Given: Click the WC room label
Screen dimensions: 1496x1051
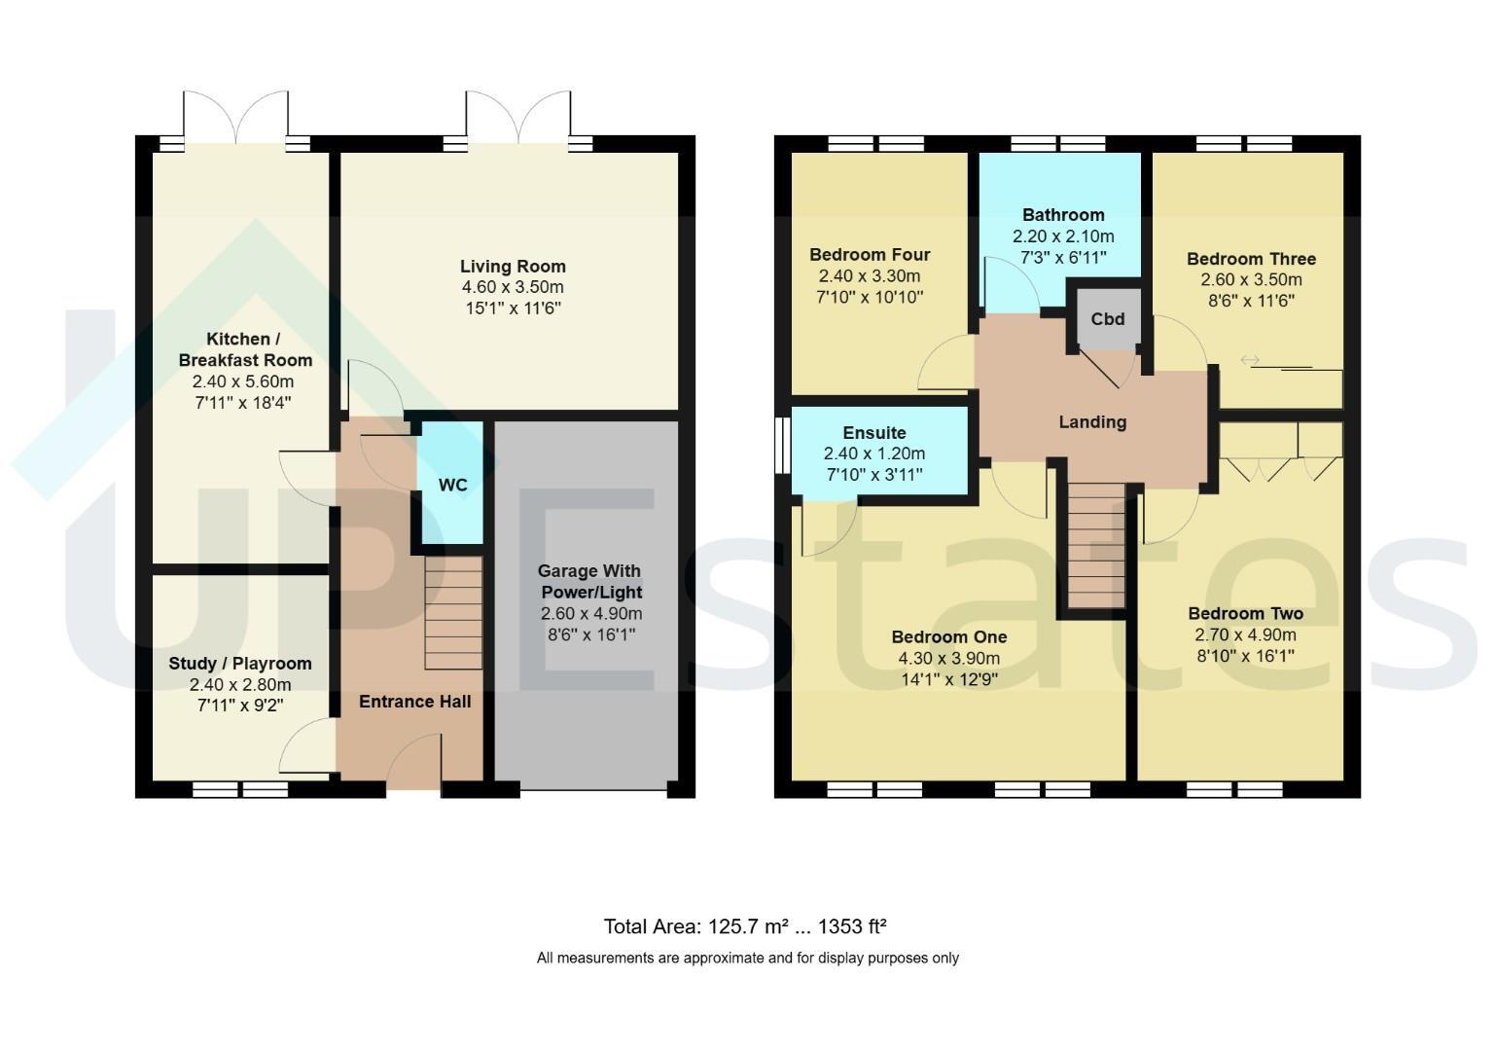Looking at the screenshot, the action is (453, 485).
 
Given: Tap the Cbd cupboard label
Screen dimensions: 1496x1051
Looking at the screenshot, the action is (1107, 319).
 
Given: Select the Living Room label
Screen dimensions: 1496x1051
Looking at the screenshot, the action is (513, 267).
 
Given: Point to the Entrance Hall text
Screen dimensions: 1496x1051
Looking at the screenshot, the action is (414, 702).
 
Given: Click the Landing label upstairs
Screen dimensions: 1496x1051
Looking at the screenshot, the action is (1092, 422).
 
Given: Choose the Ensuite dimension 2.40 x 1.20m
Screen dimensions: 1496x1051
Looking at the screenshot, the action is (874, 453).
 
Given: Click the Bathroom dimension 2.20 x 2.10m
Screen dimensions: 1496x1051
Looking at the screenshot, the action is (1063, 236).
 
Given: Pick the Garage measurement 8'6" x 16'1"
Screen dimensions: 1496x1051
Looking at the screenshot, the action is (591, 634).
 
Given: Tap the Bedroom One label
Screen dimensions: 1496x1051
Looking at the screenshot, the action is (949, 637).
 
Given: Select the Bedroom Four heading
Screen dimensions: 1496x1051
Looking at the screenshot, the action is (870, 255).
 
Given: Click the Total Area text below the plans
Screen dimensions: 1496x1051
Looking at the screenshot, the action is (745, 926).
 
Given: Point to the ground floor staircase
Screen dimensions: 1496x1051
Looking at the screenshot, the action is (453, 613).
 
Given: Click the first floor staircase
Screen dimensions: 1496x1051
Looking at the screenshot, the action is (1096, 546).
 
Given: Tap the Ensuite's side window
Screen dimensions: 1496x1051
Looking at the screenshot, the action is (783, 446).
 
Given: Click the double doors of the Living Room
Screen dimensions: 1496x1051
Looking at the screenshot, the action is (518, 118).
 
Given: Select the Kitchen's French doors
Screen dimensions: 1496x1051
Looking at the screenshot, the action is (235, 118).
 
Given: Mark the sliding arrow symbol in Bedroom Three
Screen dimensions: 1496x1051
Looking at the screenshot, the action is (1250, 361).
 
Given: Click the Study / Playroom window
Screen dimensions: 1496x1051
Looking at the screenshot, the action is (240, 790).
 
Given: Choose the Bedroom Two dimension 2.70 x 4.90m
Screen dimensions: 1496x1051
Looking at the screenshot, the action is (1246, 635).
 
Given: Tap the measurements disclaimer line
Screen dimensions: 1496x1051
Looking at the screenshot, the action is (747, 959).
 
